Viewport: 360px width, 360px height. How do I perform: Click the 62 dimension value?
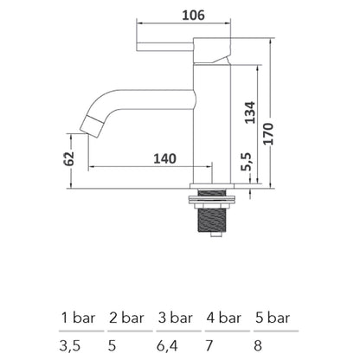[x=70, y=158]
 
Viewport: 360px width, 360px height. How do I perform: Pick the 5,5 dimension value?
[x=249, y=163]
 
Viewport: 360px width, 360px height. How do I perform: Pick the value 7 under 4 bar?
[x=210, y=344]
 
